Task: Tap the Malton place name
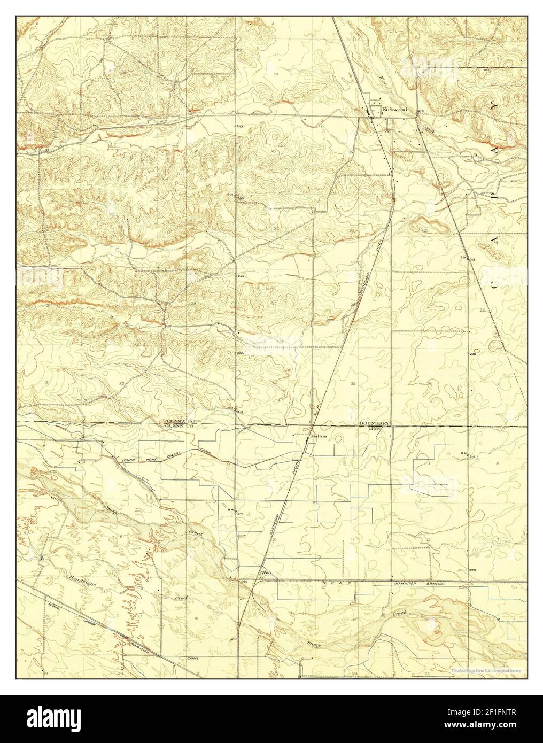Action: (319, 436)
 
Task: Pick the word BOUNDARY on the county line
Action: (376, 423)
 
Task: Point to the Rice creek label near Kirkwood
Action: (382, 80)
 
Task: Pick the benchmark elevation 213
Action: (472, 259)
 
